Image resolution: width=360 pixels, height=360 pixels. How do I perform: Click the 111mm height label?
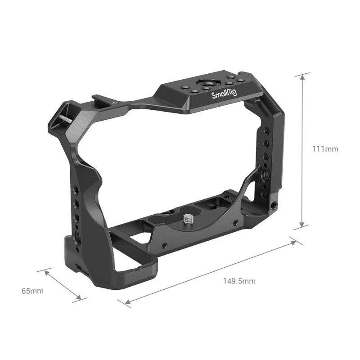tap(325, 149)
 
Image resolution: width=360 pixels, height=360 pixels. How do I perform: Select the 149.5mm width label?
tap(239, 281)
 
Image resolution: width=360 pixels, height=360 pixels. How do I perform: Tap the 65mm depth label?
tap(32, 291)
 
